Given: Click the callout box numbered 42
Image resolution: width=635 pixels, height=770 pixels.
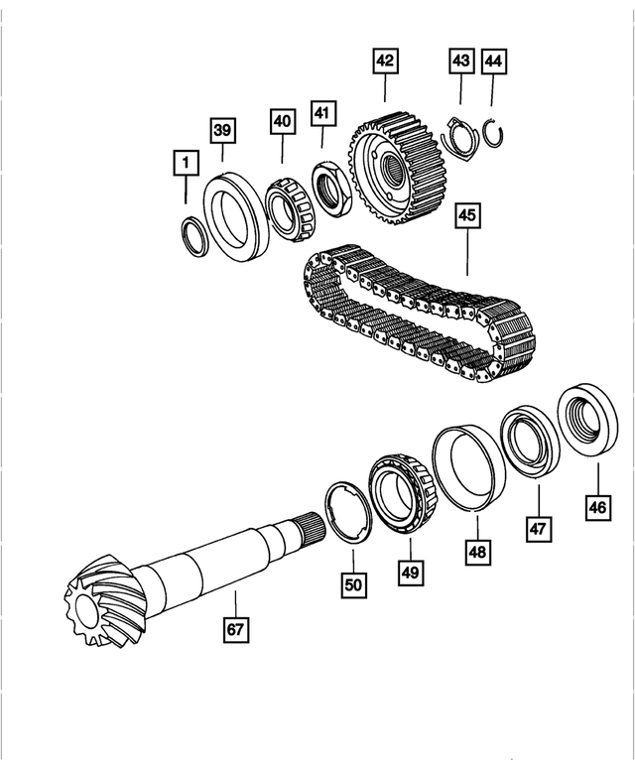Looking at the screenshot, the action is [385, 61].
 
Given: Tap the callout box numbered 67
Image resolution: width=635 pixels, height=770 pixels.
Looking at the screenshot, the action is [236, 629].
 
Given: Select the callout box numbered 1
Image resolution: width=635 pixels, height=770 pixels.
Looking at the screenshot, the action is [186, 163].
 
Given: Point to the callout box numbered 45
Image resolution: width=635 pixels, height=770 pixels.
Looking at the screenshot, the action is [467, 215].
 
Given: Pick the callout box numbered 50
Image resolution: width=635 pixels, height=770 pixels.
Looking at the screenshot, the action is [353, 584].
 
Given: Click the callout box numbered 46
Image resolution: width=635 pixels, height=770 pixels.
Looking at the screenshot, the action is [598, 507].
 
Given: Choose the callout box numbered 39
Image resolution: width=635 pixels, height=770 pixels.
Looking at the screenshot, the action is [222, 131].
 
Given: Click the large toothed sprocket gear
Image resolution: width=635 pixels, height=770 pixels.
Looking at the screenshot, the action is [398, 169].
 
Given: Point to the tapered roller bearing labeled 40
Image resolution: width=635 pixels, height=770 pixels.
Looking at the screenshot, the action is [291, 209].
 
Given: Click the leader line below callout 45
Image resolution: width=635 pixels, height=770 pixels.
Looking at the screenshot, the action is [467, 252].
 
